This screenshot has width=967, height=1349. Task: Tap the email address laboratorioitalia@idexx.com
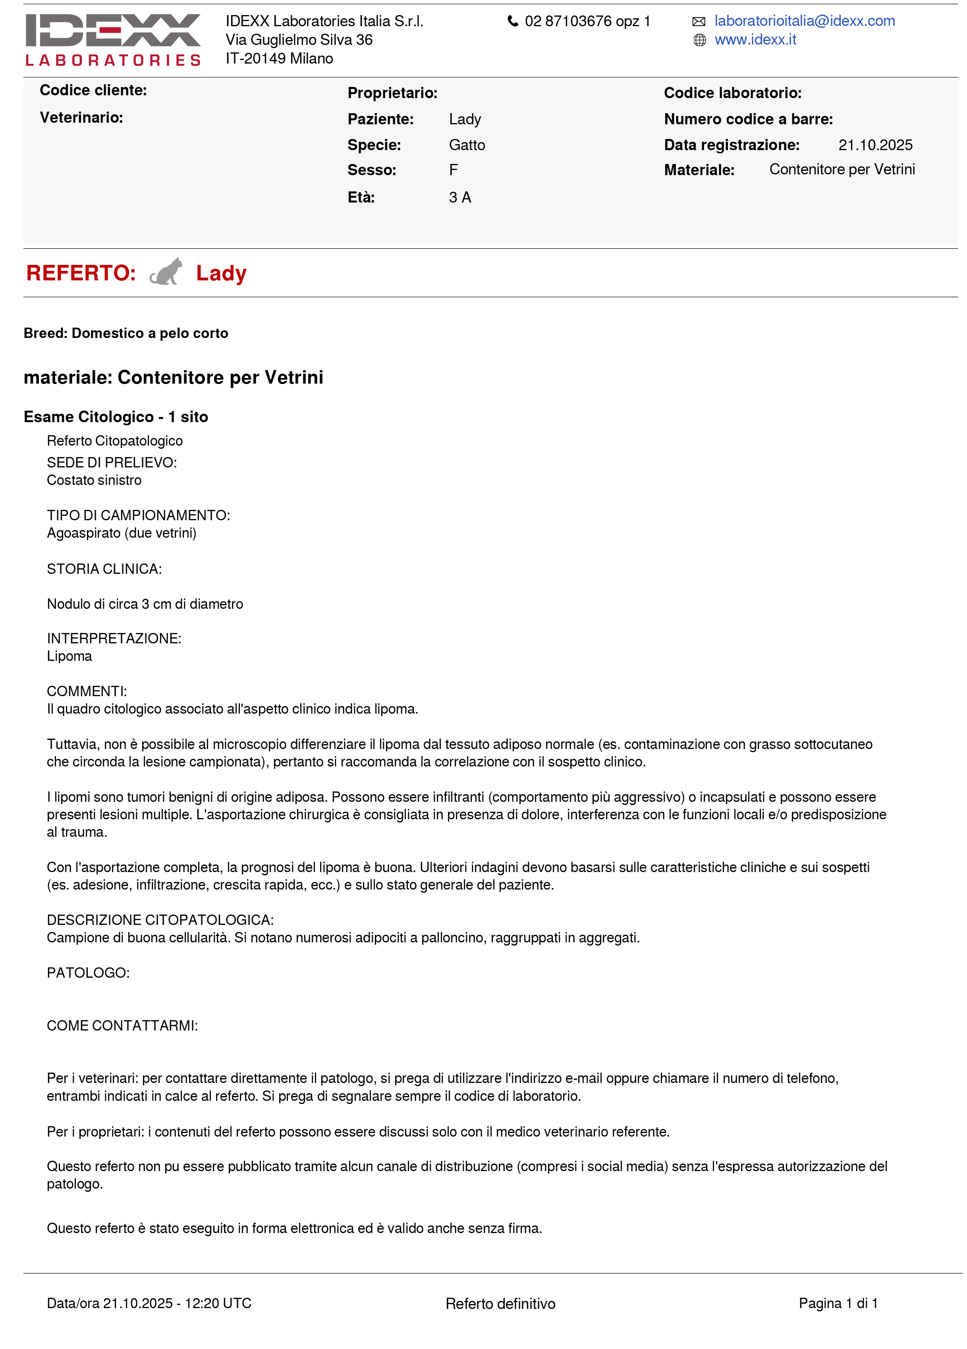coord(804,21)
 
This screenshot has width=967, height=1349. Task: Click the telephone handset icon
coord(512,21)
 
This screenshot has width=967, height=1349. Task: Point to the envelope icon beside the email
coord(699,22)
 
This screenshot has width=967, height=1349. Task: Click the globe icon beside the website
coord(699,41)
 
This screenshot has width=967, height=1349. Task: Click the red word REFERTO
coord(81,273)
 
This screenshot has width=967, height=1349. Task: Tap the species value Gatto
coord(467,145)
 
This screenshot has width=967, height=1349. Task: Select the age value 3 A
coord(460,197)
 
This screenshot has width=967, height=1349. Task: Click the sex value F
coord(453,170)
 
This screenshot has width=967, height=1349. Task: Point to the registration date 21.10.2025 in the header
coord(875,145)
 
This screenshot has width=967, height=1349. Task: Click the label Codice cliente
coord(93,91)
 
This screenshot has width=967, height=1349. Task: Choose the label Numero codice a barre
coord(748,119)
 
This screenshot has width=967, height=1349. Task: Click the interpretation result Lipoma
coord(69,656)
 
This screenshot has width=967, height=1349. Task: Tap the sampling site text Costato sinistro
coord(94,480)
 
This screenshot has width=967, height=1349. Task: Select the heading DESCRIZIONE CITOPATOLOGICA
coord(160,920)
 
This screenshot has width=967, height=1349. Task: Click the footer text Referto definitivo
coord(500,1304)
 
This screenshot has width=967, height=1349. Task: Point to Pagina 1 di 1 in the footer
coord(838,1303)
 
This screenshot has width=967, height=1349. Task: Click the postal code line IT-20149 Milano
coord(279,58)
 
